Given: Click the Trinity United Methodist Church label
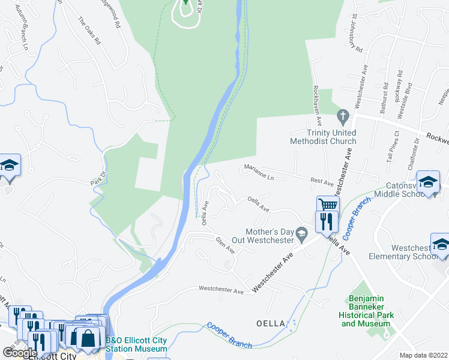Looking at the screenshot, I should (323, 137).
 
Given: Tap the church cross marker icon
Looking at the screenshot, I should (343, 115).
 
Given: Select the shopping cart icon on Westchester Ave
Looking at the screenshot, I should (328, 205).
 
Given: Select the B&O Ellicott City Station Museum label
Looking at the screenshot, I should (137, 344).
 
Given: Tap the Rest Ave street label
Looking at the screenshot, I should (322, 181).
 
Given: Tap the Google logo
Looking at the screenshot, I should (20, 353).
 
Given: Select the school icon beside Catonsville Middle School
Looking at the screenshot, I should (429, 181).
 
